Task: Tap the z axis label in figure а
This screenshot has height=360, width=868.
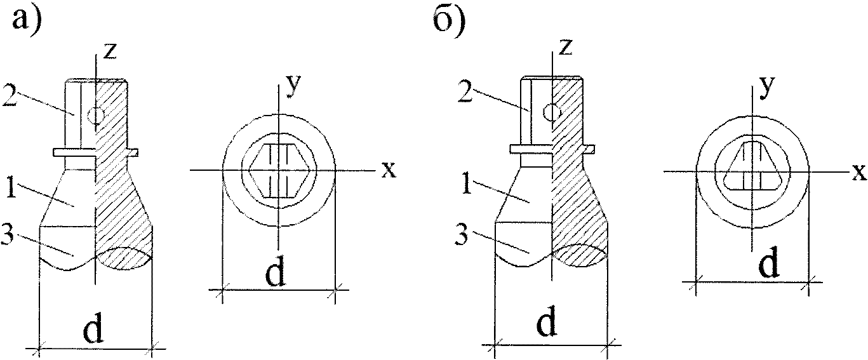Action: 110,51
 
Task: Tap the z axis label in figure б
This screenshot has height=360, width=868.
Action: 566,46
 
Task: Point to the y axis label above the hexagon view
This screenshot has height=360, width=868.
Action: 293,85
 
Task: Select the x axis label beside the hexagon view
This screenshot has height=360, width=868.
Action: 389,170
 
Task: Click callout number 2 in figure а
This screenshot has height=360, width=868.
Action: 10,95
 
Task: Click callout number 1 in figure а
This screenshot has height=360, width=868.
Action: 11,187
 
